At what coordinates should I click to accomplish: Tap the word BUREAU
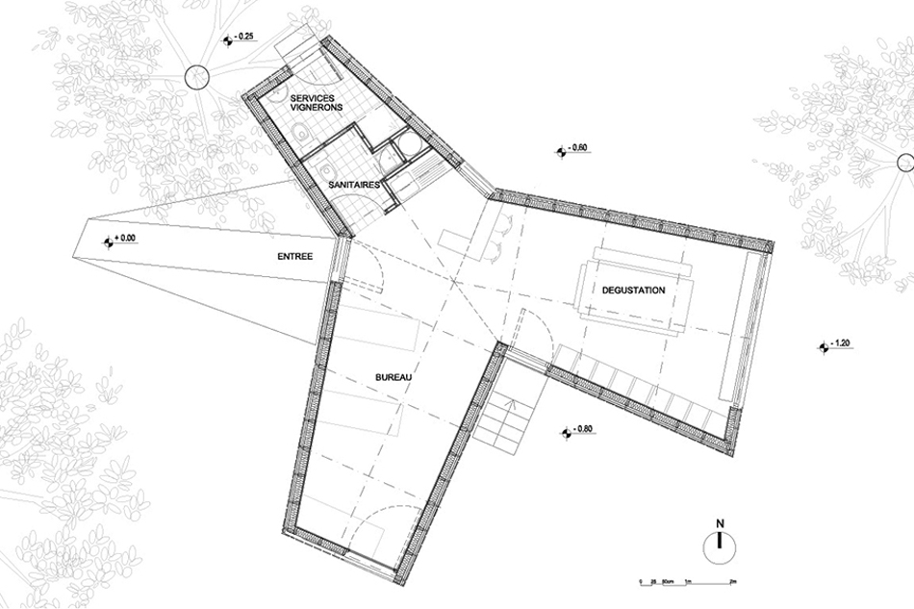[x=393, y=378]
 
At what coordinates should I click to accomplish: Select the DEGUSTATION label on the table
[x=633, y=289]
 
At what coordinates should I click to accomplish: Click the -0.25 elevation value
[x=245, y=37]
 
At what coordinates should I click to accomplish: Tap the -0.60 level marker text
[x=578, y=148]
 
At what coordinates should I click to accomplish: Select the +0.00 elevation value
[x=127, y=237]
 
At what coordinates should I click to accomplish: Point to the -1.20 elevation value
[x=840, y=343]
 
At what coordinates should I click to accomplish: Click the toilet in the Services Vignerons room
[x=300, y=134]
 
